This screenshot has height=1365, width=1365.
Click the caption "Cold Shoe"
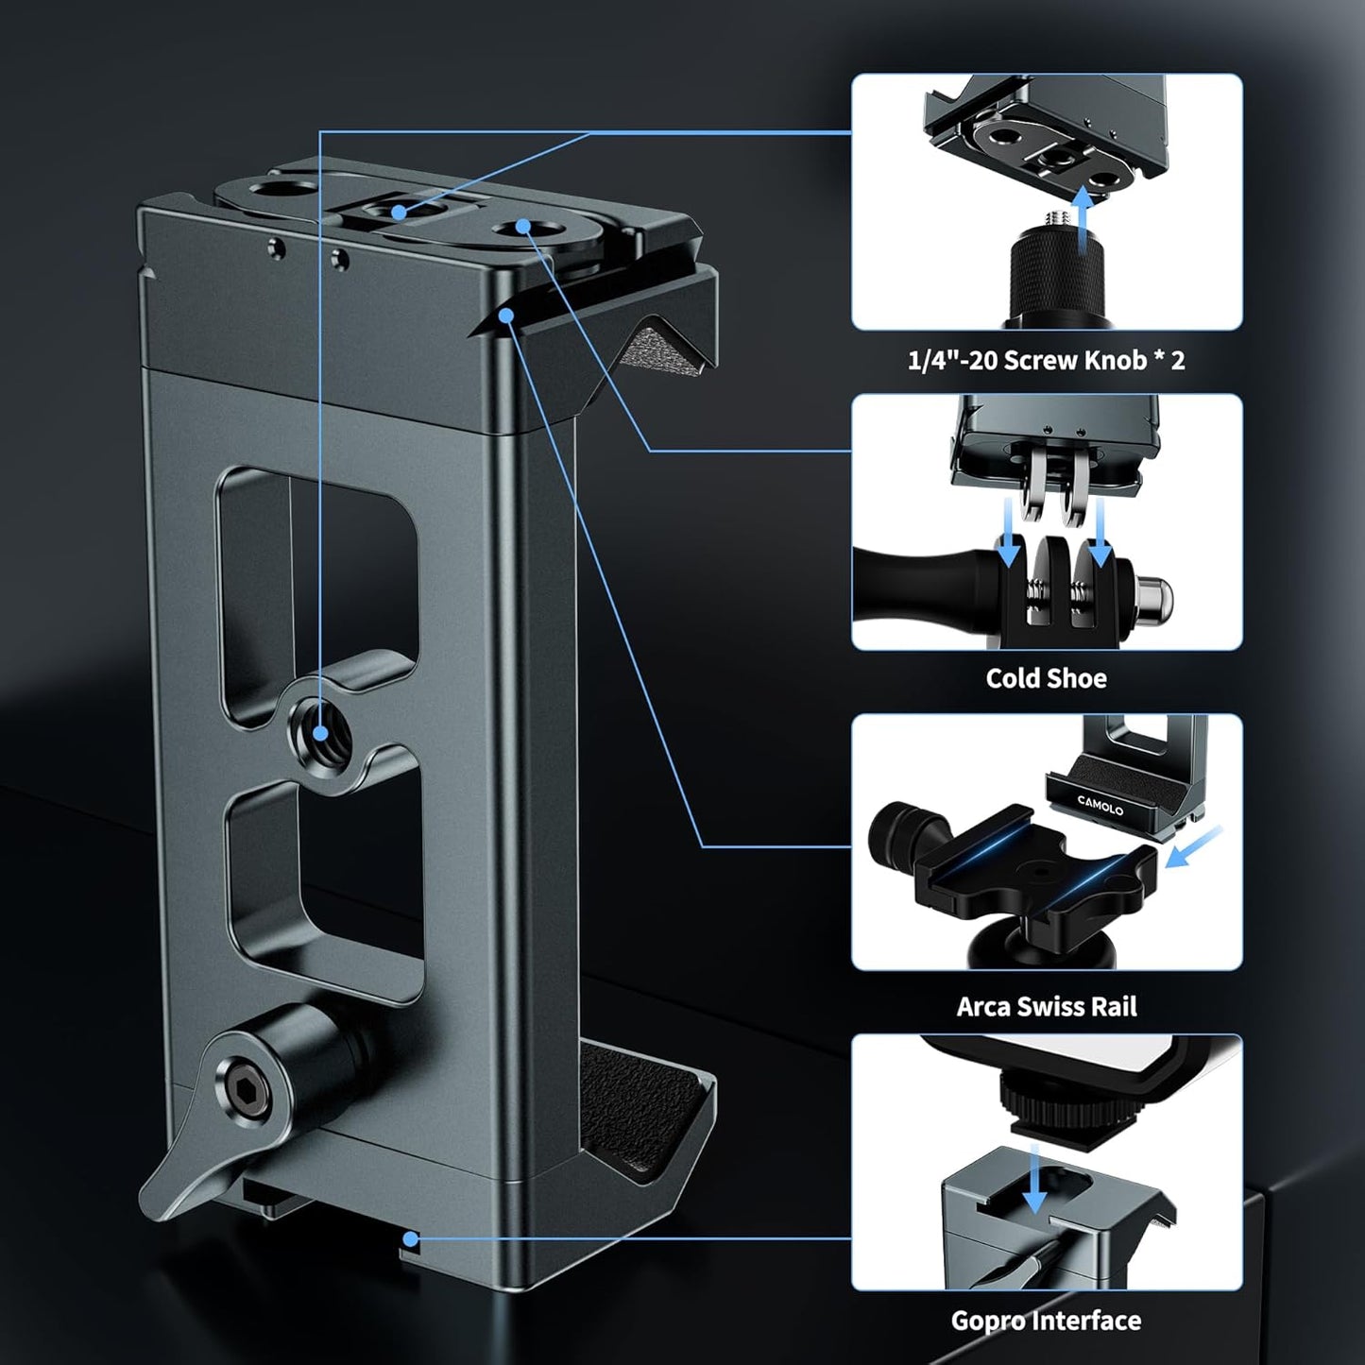1046,678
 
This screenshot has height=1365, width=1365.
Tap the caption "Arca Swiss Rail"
1047,1006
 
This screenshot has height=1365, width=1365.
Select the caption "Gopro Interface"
1046,1320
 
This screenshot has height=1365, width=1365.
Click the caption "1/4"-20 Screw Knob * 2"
1046,360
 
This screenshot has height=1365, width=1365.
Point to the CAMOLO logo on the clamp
1101,806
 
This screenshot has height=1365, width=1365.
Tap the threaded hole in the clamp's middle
321,730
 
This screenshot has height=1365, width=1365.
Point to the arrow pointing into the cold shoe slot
1036,1179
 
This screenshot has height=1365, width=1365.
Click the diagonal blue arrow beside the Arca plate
1194,845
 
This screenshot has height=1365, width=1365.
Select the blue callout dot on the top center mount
400,212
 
